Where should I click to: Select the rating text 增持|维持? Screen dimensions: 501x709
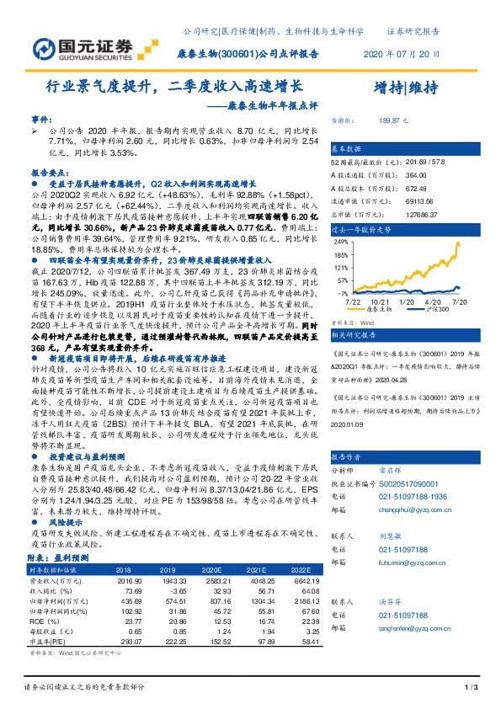[405, 87]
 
